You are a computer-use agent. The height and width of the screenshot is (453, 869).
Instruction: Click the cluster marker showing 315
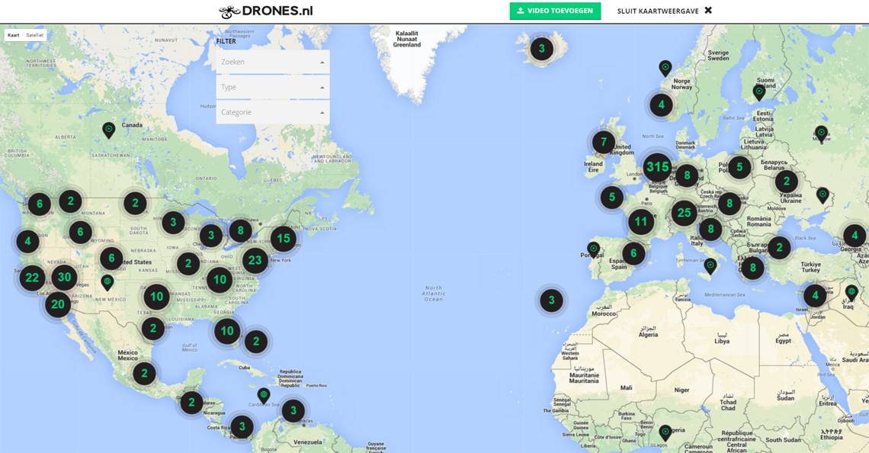click(x=656, y=167)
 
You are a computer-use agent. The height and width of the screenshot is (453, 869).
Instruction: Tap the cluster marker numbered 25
click(x=684, y=213)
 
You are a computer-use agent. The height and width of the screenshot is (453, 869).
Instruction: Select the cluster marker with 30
click(x=64, y=277)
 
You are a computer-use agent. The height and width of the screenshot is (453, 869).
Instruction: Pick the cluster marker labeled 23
click(x=255, y=260)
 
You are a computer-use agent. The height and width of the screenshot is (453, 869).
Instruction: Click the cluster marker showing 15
click(x=283, y=239)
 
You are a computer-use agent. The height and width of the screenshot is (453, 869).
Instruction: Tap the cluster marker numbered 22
click(x=32, y=278)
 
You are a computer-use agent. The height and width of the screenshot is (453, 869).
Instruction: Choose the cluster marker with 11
click(x=641, y=223)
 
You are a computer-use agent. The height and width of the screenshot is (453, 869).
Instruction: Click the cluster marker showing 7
click(x=604, y=142)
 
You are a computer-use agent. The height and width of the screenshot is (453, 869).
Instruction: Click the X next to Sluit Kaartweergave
click(x=708, y=11)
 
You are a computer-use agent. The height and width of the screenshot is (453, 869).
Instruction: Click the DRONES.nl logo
click(x=265, y=11)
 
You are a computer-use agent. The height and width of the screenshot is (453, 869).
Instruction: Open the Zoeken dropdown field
click(x=272, y=62)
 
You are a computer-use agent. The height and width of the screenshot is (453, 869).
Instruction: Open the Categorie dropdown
click(x=272, y=112)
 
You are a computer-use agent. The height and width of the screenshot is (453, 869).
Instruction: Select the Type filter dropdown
click(x=272, y=87)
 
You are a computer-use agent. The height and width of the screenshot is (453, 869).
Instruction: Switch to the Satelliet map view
click(x=35, y=35)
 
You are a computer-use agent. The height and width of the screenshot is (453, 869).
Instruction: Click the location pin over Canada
click(x=109, y=129)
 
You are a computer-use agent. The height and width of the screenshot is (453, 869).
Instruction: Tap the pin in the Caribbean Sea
click(x=264, y=394)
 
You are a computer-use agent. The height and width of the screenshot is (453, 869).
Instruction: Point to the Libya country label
click(x=721, y=341)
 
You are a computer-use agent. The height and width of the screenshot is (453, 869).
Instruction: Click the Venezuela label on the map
click(x=309, y=442)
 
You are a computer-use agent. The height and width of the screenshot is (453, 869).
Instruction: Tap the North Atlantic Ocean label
click(x=434, y=293)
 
